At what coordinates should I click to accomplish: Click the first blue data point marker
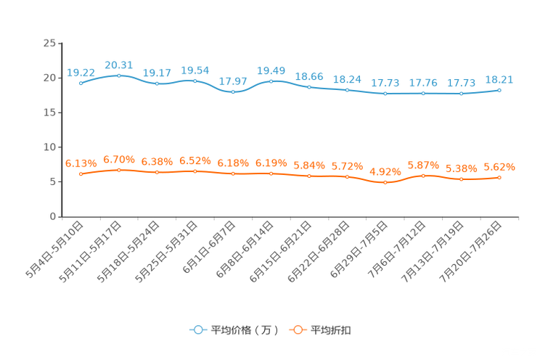[81, 83]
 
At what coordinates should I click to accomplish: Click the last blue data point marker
[499, 90]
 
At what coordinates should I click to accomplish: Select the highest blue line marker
[119, 75]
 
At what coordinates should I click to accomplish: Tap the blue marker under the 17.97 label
[233, 92]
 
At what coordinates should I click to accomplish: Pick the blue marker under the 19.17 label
[157, 83]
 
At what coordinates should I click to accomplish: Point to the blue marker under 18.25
[347, 90]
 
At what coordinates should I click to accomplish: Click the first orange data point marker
[81, 173]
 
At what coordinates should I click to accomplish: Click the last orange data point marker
[499, 177]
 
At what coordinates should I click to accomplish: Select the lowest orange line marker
[385, 183]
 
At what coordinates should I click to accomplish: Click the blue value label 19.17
[157, 73]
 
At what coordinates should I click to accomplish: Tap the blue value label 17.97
[233, 81]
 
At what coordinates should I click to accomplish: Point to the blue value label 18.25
[347, 78]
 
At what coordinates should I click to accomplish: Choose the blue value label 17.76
[423, 83]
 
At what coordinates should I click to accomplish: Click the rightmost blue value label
[499, 79]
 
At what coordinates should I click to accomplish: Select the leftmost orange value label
[81, 163]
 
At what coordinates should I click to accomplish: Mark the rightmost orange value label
[499, 166]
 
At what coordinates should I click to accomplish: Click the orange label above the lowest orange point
[385, 172]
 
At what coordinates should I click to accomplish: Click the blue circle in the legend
[197, 330]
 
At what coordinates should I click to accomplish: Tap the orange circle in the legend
[297, 330]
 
